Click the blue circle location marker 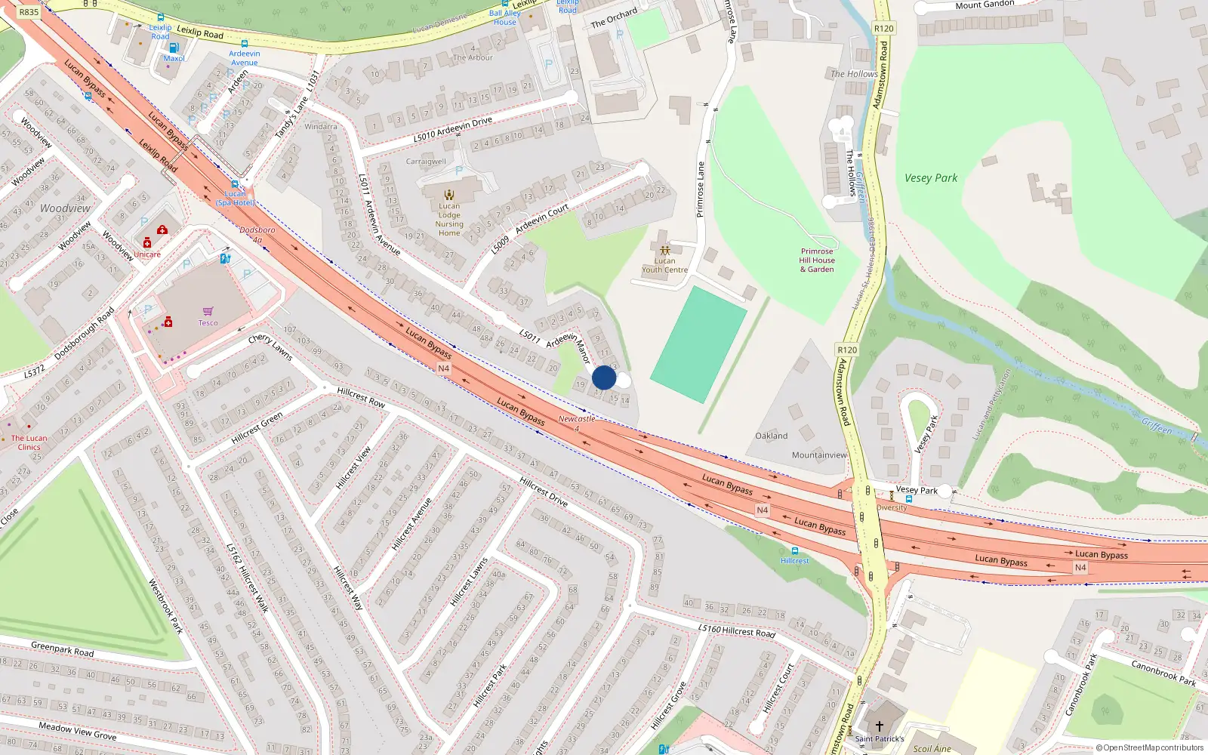[604, 377]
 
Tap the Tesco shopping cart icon [208, 311]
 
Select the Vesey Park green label [930, 178]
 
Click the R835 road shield [29, 12]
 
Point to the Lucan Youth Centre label [664, 265]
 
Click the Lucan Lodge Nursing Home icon [449, 195]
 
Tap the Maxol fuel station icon [174, 48]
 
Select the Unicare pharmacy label [147, 254]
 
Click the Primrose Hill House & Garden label [817, 260]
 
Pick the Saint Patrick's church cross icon [879, 726]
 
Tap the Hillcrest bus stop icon [794, 551]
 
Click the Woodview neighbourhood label [65, 208]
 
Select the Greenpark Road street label [63, 649]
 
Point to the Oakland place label [771, 436]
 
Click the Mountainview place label [818, 455]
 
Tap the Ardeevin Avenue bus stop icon [245, 45]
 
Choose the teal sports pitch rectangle [698, 344]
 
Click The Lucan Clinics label [29, 442]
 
